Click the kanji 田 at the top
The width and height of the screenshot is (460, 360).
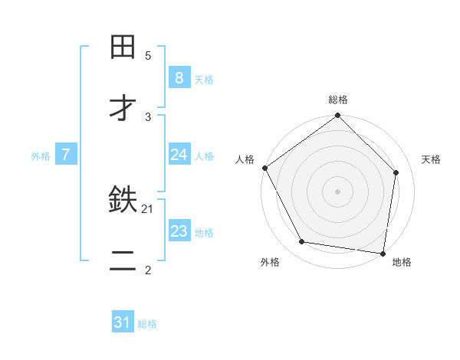pyautogui.click(x=123, y=47)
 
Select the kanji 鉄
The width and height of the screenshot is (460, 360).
pyautogui.click(x=123, y=201)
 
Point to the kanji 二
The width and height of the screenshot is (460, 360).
pyautogui.click(x=123, y=263)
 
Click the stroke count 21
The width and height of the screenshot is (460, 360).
pyautogui.click(x=148, y=208)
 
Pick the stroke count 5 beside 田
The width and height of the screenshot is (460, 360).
pyautogui.click(x=148, y=55)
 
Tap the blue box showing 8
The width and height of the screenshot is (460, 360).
pyautogui.click(x=179, y=78)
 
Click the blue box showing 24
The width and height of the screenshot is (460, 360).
pyautogui.click(x=179, y=155)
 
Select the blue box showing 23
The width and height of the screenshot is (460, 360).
pyautogui.click(x=179, y=231)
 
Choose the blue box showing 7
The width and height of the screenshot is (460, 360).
pyautogui.click(x=66, y=155)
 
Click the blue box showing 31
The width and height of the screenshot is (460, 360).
pyautogui.click(x=123, y=322)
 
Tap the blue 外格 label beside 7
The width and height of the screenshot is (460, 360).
pyautogui.click(x=41, y=155)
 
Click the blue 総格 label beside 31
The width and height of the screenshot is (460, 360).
pyautogui.click(x=147, y=324)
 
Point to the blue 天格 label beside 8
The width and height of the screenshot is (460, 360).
pyautogui.click(x=204, y=79)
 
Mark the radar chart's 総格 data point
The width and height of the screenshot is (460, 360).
pyautogui.click(x=338, y=116)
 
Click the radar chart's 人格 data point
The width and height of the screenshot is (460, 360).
pyautogui.click(x=265, y=168)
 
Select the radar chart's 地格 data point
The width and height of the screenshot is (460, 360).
pyautogui.click(x=383, y=253)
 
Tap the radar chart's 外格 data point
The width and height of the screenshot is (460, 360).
pyautogui.click(x=302, y=242)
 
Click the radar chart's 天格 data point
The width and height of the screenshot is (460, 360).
pyautogui.click(x=396, y=172)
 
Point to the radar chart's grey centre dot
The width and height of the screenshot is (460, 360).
pyautogui.click(x=338, y=191)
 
